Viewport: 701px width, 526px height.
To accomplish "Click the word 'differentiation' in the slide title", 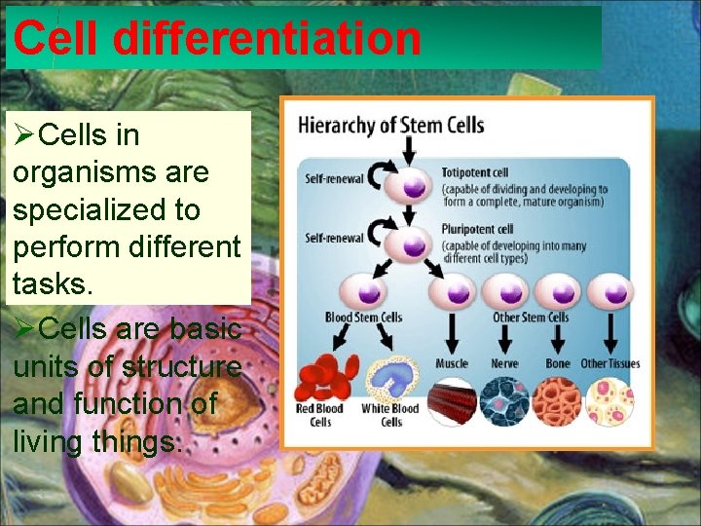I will [x=267, y=39].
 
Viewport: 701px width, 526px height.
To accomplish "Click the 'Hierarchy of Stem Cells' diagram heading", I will [x=390, y=125].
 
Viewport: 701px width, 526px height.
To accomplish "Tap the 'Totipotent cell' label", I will [x=474, y=173].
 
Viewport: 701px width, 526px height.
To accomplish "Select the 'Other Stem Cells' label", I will [x=531, y=317].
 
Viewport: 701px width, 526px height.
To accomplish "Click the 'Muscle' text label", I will [x=451, y=363].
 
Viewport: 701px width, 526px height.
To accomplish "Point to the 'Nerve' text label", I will [x=504, y=363].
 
